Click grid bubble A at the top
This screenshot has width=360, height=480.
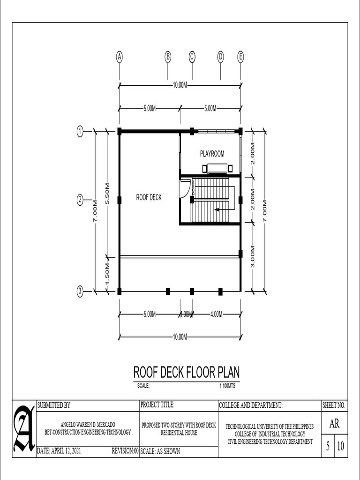[120, 57]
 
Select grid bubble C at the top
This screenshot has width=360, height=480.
[192, 57]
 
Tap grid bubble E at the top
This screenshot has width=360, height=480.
[241, 57]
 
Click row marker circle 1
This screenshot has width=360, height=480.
[80, 132]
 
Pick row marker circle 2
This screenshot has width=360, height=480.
[80, 200]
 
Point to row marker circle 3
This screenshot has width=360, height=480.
[80, 291]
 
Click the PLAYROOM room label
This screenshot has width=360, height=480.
[212, 153]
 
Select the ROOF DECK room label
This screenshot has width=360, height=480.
[149, 197]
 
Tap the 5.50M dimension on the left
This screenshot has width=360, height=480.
[107, 193]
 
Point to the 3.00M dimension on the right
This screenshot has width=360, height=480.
[253, 256]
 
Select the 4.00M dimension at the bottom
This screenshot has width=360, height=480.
[216, 315]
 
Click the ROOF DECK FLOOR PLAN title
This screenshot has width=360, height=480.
[187, 372]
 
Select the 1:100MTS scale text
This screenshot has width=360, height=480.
[227, 386]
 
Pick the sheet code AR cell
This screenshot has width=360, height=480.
[334, 424]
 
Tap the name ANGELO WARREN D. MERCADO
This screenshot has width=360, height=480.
[88, 424]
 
